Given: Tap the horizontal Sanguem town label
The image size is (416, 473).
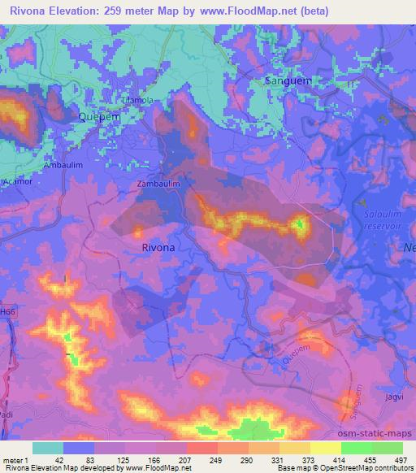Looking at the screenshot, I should point(288,81).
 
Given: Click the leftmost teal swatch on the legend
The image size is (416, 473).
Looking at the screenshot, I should point(48,448).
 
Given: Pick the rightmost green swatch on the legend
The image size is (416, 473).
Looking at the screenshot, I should point(388,448).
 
